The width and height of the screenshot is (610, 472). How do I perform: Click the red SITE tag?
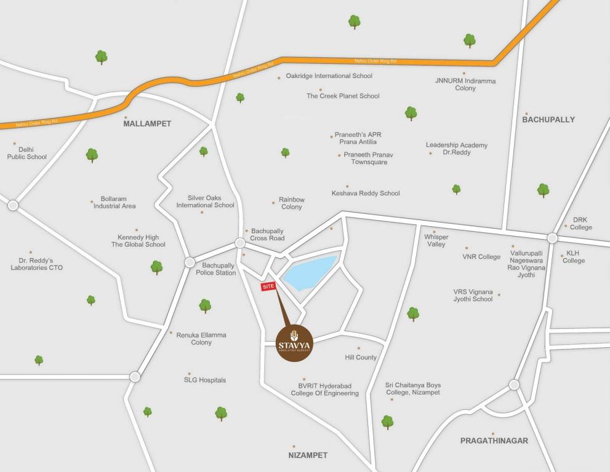pyautogui.click(x=268, y=287)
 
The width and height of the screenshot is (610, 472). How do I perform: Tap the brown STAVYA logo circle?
pyautogui.click(x=295, y=342)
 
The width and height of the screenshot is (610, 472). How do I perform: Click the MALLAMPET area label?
pyautogui.click(x=147, y=124)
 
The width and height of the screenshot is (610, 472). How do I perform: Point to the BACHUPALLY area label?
pyautogui.click(x=548, y=119)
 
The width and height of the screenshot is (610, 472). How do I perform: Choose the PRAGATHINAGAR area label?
pyautogui.click(x=494, y=441)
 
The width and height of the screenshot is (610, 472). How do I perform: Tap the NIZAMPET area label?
pyautogui.click(x=308, y=455)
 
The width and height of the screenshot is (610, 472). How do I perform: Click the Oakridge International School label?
pyautogui.click(x=329, y=76)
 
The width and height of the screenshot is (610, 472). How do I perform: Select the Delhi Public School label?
pyautogui.click(x=26, y=153)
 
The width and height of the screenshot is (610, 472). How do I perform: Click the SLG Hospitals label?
pyautogui.click(x=205, y=380)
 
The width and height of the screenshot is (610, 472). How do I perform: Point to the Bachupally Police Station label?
pyautogui.click(x=215, y=269)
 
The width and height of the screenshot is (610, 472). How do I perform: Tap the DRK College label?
pyautogui.click(x=581, y=224)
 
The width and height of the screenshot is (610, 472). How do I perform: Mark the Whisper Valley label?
pyautogui.click(x=436, y=240)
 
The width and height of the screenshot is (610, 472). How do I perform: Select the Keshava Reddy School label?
pyautogui.click(x=366, y=193)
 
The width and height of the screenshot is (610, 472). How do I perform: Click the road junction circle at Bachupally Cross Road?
pyautogui.click(x=239, y=243)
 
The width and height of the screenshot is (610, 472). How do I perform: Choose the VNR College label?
pyautogui.click(x=481, y=257)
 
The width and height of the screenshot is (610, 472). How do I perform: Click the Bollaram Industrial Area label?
pyautogui.click(x=114, y=203)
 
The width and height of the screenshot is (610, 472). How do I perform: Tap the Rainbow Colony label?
pyautogui.click(x=291, y=203)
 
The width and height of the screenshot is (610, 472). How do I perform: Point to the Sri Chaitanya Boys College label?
pyautogui.click(x=412, y=389)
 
